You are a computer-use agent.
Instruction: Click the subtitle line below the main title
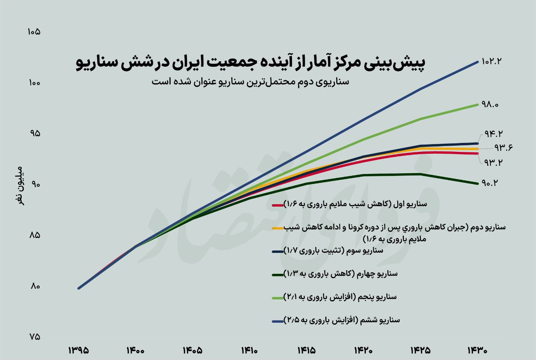(250, 82)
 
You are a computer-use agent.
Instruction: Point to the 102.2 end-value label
(491, 61)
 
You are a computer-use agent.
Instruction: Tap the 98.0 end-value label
(490, 104)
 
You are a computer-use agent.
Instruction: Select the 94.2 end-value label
(493, 134)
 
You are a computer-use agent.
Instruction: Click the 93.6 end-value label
(503, 148)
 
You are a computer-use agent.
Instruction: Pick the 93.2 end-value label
(493, 162)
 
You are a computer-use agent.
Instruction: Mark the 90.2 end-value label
(490, 183)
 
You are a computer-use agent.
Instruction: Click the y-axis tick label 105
(34, 32)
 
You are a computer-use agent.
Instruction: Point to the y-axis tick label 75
(34, 337)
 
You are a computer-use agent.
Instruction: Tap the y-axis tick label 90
(35, 184)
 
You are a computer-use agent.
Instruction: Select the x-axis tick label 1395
(79, 350)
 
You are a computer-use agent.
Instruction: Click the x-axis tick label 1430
(477, 350)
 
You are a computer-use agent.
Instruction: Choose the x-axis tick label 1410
(249, 350)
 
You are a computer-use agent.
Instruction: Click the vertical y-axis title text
(20, 186)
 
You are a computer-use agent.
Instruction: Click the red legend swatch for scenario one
(278, 205)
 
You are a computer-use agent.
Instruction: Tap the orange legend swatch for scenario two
(278, 228)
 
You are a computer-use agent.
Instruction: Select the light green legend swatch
(278, 298)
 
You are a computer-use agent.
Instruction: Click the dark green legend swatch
(278, 275)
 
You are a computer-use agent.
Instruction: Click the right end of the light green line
(477, 104)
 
